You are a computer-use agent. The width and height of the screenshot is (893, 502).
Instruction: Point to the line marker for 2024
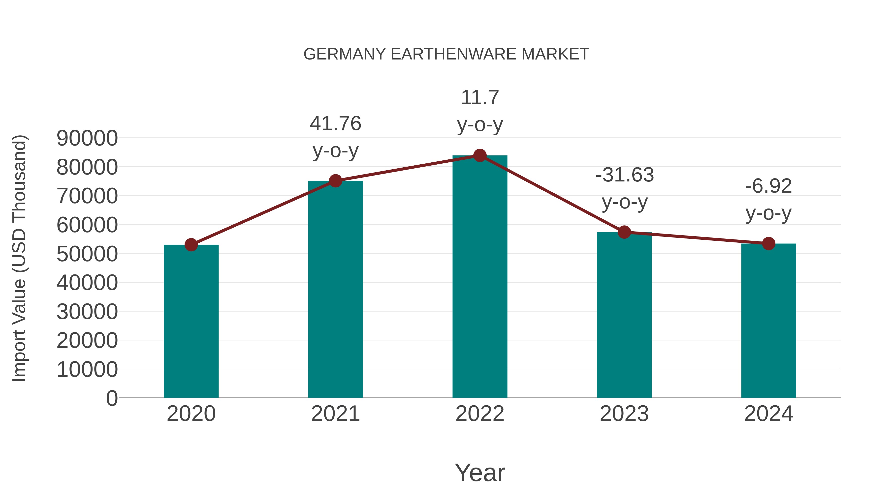(x=768, y=243)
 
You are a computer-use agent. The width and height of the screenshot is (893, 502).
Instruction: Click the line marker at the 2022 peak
(x=480, y=155)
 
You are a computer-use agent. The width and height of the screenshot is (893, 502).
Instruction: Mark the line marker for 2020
(x=191, y=245)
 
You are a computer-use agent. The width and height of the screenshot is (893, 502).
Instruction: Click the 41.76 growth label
(x=335, y=124)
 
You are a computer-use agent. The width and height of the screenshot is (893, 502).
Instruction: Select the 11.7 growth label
(x=480, y=97)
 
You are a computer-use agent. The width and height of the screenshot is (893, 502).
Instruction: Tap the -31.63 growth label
(x=624, y=175)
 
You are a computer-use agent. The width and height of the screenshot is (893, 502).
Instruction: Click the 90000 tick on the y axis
(x=87, y=138)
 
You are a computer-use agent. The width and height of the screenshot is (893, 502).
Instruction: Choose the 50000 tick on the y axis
(x=87, y=254)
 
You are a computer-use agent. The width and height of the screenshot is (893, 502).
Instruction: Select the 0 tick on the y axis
(x=112, y=398)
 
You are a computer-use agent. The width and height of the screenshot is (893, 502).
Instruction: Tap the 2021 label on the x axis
(x=335, y=414)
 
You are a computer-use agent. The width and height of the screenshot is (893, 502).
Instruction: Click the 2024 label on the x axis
(x=768, y=414)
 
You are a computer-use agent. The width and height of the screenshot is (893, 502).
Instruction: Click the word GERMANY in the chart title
(x=344, y=54)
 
